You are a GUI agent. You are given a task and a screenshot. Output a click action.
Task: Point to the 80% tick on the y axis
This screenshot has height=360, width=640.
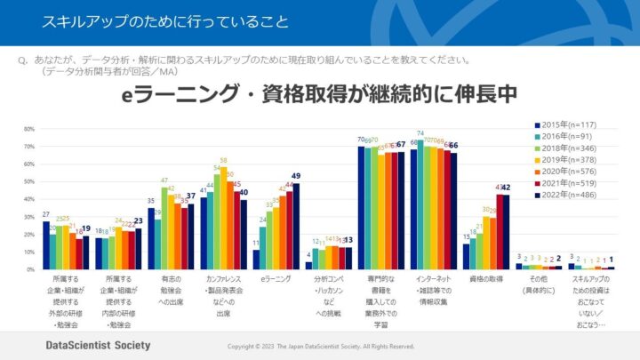point(28,127)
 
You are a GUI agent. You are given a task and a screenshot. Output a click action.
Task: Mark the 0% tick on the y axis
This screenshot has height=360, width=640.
point(30,268)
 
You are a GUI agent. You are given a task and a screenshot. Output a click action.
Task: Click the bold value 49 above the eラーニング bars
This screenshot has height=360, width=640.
point(296,176)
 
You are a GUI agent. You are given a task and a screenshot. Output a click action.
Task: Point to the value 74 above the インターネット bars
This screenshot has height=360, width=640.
point(420,133)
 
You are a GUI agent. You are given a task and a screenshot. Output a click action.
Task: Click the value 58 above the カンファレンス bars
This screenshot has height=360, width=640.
point(221,160)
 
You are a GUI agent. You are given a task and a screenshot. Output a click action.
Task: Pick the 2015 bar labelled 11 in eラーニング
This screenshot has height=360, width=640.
point(257,259)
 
